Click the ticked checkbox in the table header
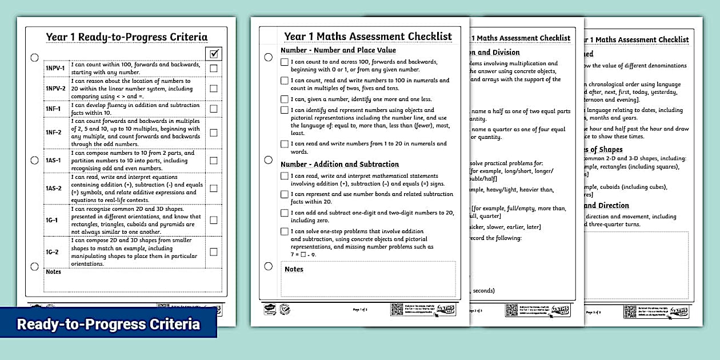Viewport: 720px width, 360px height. (x=214, y=54)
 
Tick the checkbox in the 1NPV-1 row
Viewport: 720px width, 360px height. (x=214, y=69)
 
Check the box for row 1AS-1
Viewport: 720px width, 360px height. (x=214, y=161)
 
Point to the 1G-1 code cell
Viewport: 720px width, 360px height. (x=51, y=220)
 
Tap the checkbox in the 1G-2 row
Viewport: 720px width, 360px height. (x=214, y=251)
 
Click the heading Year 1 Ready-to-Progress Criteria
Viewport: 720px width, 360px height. (x=127, y=37)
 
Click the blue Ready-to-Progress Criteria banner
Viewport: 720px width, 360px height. (x=108, y=324)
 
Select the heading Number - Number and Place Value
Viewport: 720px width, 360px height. (x=338, y=50)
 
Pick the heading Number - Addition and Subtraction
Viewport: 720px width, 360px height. (x=339, y=164)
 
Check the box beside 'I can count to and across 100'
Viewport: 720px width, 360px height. (x=285, y=62)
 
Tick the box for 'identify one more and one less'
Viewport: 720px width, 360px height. (x=285, y=99)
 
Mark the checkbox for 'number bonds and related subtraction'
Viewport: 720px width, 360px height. (x=285, y=194)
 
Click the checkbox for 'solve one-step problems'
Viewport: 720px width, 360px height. (x=285, y=231)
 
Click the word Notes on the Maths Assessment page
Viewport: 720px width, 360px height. (x=294, y=269)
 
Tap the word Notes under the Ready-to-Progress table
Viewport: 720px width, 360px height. (x=53, y=272)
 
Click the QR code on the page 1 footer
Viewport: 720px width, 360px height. (x=397, y=309)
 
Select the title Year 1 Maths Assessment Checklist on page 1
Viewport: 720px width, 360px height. (x=368, y=36)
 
